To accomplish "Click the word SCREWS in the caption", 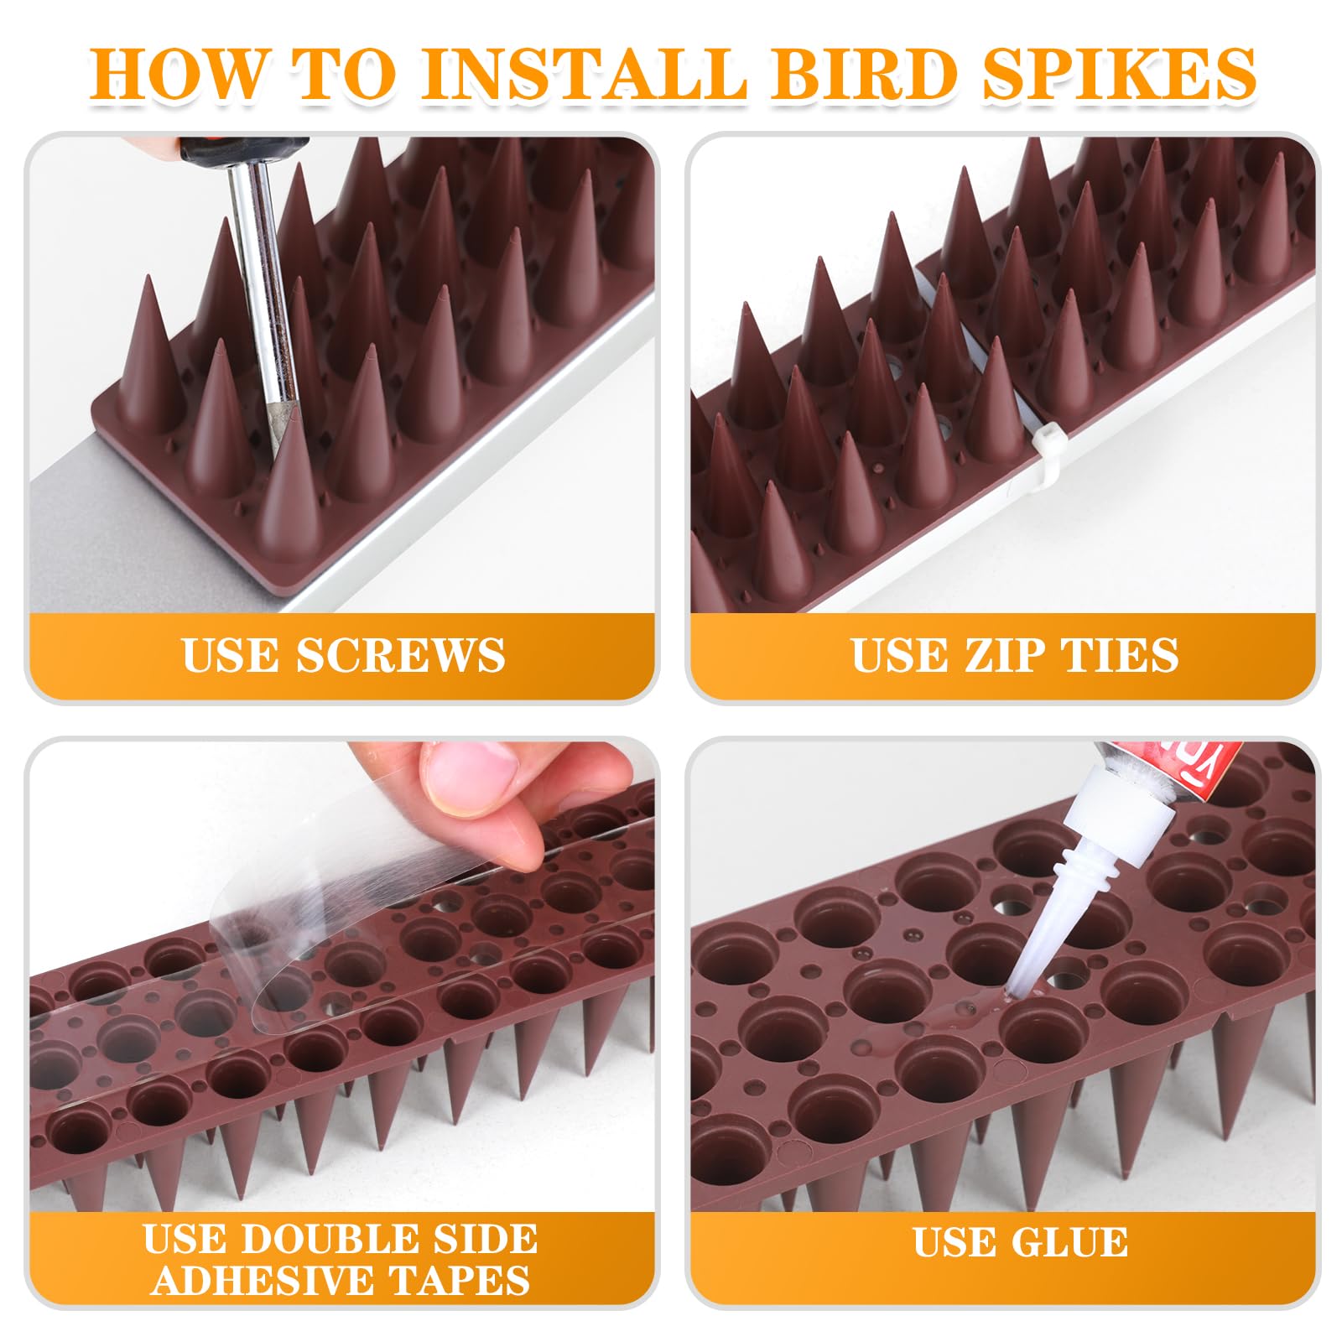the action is (x=400, y=655).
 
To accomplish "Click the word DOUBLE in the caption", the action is (x=337, y=1240).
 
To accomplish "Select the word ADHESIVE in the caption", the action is (x=265, y=1280).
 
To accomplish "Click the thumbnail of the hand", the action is (x=466, y=772).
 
